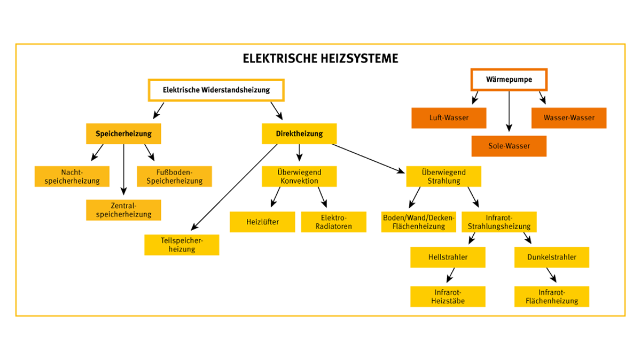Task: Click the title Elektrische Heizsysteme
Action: (320, 58)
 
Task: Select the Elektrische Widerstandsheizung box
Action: (216, 90)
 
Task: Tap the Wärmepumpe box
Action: (509, 80)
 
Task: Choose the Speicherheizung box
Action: (123, 134)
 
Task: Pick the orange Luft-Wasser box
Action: (449, 118)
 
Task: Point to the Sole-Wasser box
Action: (509, 146)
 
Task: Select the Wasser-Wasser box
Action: (569, 118)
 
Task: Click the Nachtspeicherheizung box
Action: (72, 176)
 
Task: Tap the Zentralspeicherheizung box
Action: (123, 210)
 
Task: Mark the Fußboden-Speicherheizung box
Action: (175, 176)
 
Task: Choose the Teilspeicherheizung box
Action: (182, 245)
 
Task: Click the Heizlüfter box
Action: (262, 222)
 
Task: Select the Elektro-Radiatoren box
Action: (334, 222)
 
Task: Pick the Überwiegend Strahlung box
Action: (443, 176)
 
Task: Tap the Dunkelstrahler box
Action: (552, 257)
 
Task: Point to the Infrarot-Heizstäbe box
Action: (448, 296)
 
